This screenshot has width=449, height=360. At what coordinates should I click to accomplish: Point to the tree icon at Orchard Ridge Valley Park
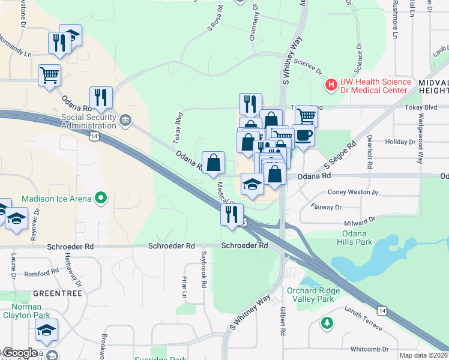click(327, 323)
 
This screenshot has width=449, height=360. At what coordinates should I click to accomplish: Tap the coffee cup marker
click(304, 135)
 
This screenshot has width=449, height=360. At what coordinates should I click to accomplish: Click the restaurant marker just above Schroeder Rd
click(232, 215)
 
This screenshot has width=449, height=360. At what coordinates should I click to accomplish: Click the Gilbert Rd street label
click(282, 322)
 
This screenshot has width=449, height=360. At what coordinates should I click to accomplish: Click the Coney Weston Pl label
click(353, 193)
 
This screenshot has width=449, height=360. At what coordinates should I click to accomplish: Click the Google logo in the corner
click(20, 353)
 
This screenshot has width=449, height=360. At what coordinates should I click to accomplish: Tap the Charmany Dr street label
click(255, 24)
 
